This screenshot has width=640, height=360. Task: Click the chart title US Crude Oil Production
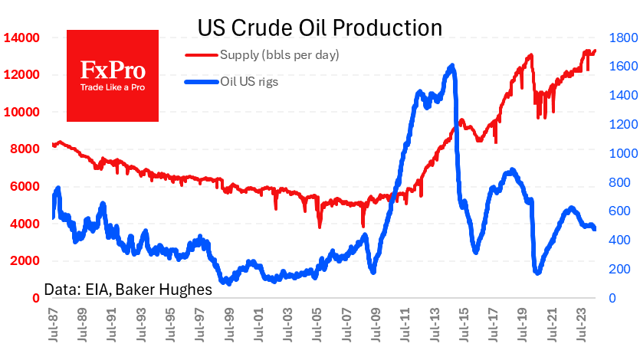(x=320, y=28)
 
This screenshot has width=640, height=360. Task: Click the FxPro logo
(x=113, y=75)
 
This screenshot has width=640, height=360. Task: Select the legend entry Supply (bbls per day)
(x=279, y=55)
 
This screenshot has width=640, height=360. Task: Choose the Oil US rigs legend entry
(x=249, y=82)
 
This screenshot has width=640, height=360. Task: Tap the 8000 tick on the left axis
(x=25, y=149)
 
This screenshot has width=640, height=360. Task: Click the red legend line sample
(x=201, y=55)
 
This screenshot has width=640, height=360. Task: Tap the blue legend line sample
(x=201, y=82)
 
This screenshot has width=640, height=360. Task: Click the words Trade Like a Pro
(x=113, y=87)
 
